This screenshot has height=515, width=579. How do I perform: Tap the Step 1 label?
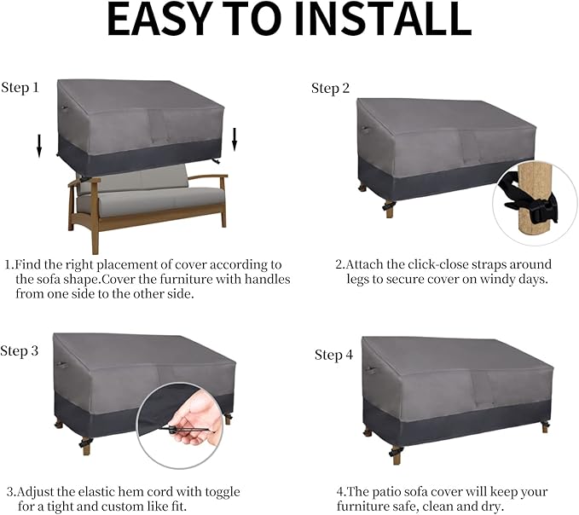point(20,88)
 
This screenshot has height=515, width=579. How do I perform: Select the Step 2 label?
point(330,88)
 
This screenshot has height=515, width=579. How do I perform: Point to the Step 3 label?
point(20,351)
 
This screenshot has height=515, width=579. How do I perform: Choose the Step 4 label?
point(333,355)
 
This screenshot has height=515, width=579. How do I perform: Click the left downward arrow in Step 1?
point(38,147)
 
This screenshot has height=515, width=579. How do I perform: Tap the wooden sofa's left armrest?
point(84,182)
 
